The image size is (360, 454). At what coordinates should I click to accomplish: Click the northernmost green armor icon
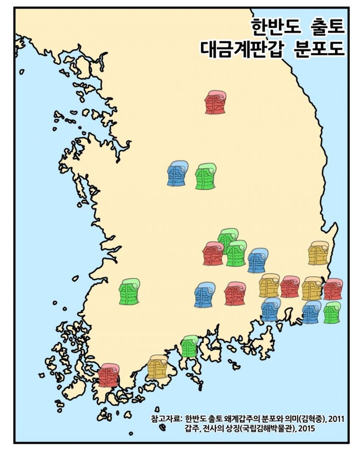(x=205, y=176)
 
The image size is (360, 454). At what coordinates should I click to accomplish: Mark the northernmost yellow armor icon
(x=318, y=253)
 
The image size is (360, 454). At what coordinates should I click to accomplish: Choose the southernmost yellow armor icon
(x=157, y=367)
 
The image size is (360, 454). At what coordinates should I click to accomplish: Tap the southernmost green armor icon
(x=189, y=346)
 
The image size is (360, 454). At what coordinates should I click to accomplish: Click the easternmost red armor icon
(x=333, y=289)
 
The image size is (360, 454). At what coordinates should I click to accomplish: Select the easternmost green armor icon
(x=332, y=313)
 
